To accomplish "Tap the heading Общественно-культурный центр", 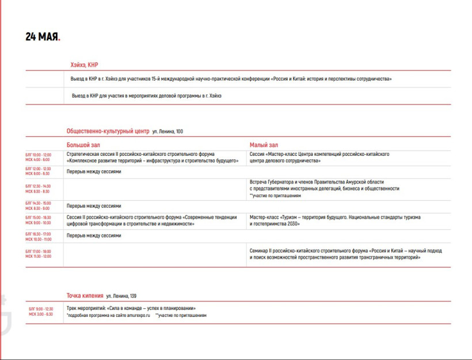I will (x=108, y=131).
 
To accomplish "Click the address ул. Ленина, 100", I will (x=168, y=132).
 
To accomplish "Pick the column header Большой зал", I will (x=83, y=145).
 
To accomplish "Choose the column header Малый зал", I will (x=264, y=145).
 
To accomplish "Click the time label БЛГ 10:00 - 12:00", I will (x=38, y=155).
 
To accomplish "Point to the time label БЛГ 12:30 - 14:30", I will (x=38, y=186).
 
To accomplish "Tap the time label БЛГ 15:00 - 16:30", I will (x=38, y=217).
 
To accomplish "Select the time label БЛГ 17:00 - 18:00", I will (x=38, y=251).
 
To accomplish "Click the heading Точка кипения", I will (x=85, y=296).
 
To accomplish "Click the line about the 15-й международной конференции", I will (x=230, y=78).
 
